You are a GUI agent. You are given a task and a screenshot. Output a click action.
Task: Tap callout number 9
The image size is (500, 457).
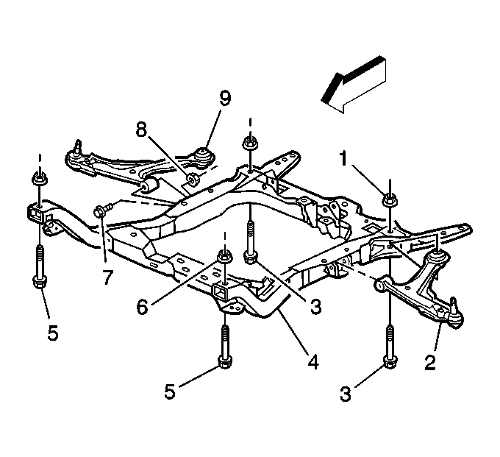(224, 99)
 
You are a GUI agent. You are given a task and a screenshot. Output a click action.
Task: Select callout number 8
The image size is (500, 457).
(142, 130)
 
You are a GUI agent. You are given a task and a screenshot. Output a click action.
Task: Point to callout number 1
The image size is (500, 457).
(343, 158)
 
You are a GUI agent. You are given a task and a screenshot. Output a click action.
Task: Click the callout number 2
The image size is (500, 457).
(430, 362)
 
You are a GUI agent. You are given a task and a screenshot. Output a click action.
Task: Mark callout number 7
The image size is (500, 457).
(107, 277)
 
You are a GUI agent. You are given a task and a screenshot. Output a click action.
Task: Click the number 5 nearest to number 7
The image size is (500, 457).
(53, 333)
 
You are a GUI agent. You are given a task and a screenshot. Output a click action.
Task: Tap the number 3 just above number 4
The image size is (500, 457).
(315, 305)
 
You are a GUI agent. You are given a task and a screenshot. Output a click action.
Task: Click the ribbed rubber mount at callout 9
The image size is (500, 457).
(204, 157)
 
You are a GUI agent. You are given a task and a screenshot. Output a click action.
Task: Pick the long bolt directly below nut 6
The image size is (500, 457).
(225, 347)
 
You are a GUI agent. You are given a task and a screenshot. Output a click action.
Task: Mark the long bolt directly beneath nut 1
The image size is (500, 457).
(390, 347)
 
